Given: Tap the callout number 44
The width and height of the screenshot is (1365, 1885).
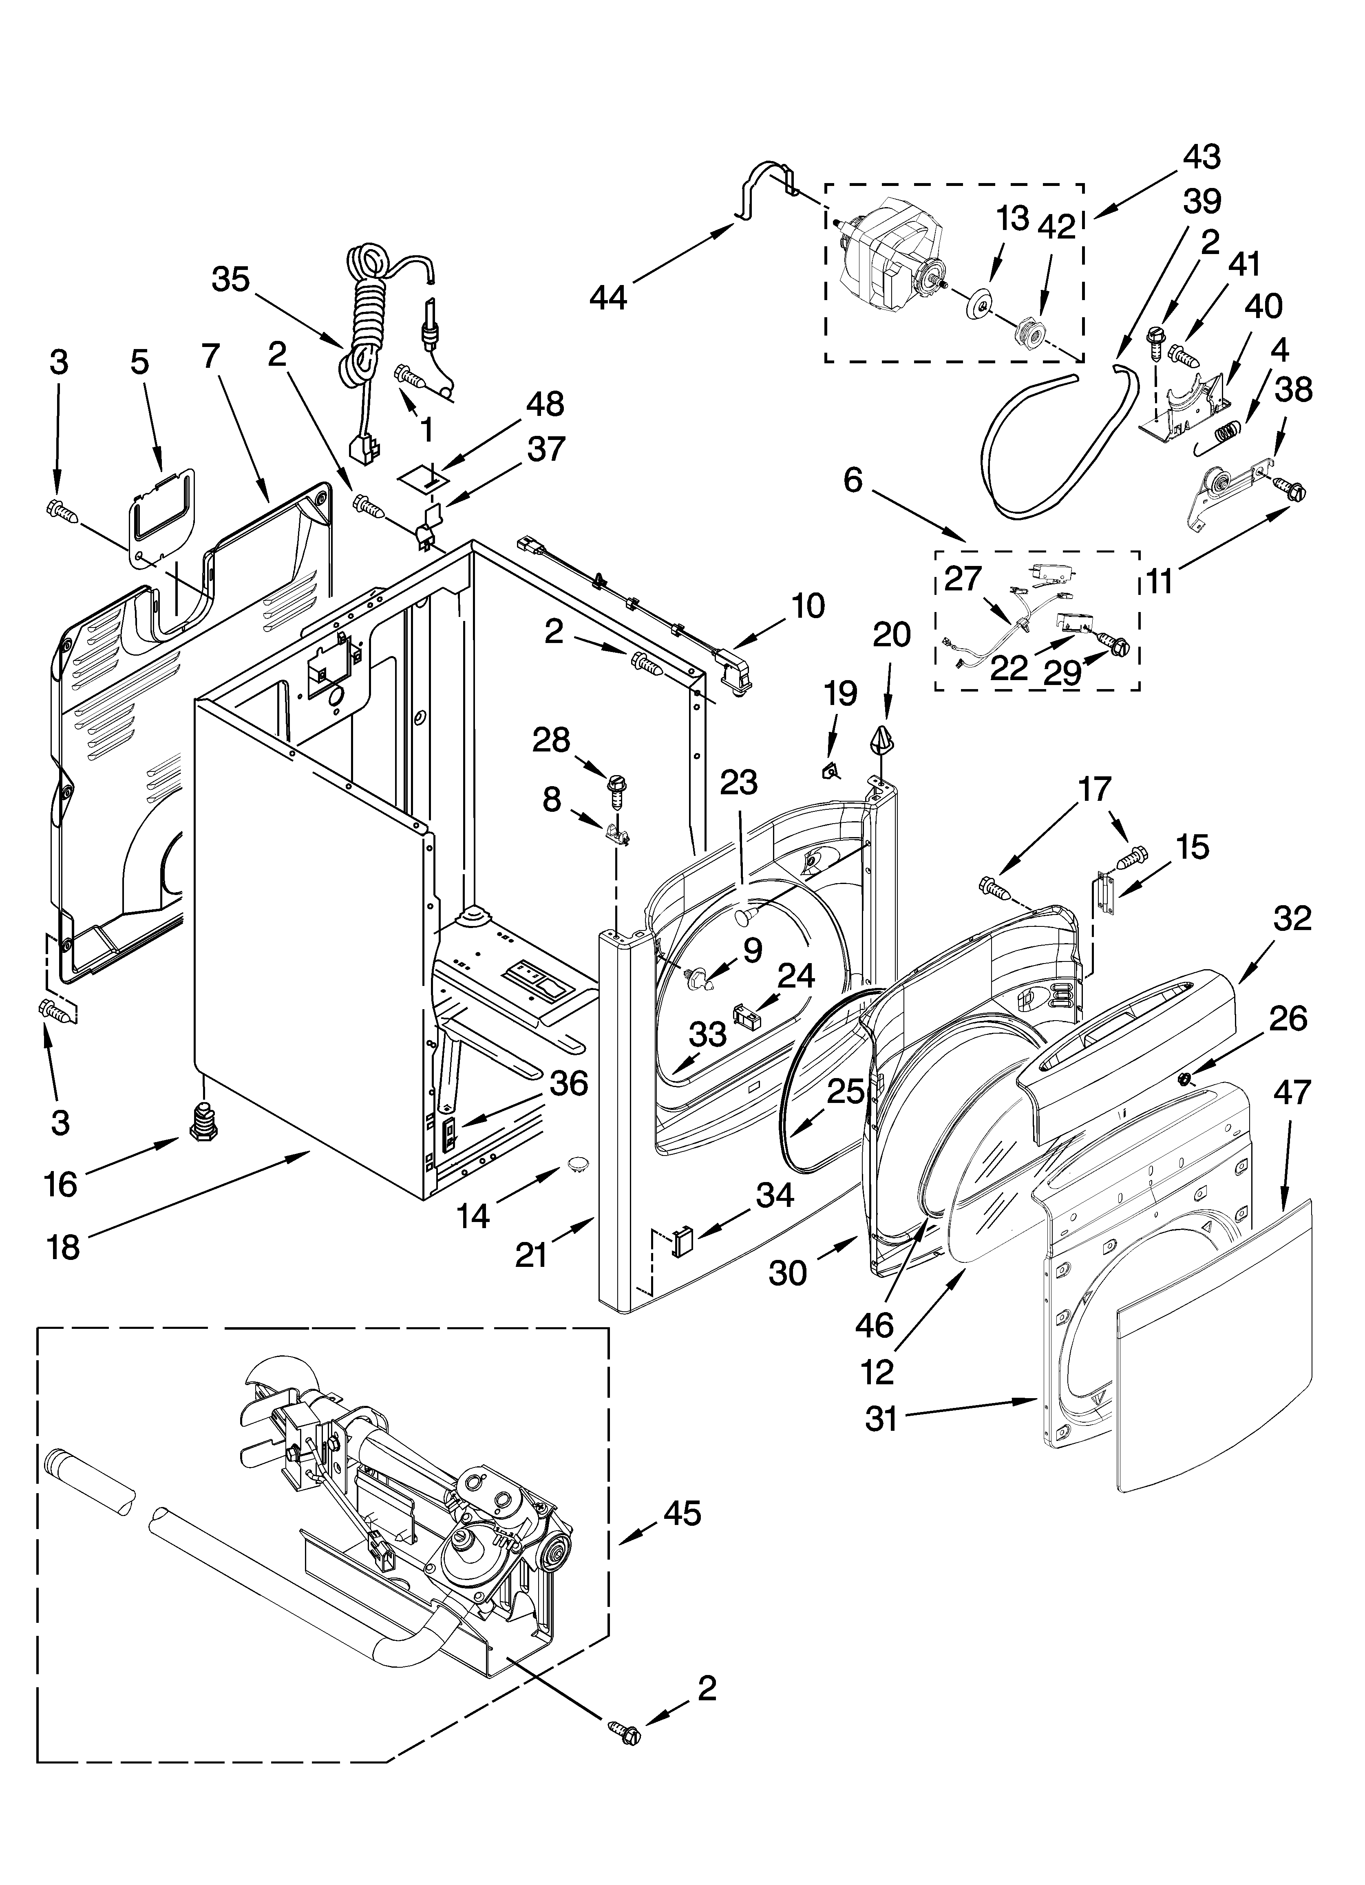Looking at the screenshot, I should (x=609, y=297).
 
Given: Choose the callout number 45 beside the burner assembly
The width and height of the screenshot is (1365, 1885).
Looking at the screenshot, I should (x=682, y=1513).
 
